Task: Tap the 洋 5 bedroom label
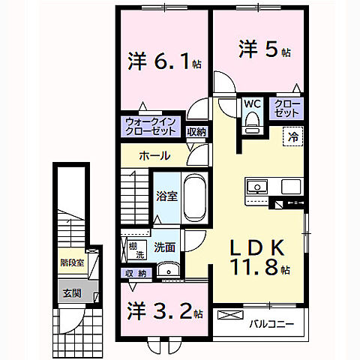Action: point(264,50)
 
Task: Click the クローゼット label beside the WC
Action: point(287,108)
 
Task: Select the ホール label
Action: point(154,156)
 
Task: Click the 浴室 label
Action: point(165,197)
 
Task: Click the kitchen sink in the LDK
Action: point(256,186)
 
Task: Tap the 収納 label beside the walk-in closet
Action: point(196,131)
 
